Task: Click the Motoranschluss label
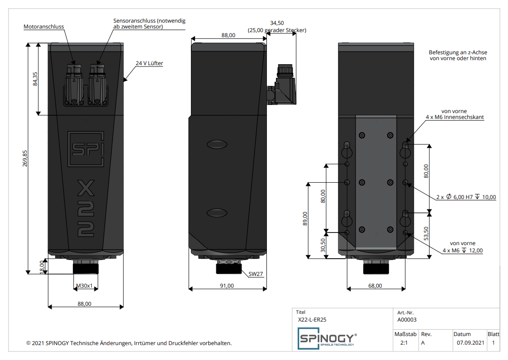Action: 44,27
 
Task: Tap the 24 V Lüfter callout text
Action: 149,63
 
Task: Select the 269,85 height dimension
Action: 25,158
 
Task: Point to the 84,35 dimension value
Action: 35,79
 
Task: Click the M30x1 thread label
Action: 84,286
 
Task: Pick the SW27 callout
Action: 256,274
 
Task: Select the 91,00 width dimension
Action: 227,286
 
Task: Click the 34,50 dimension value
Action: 277,23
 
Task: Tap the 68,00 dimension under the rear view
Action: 375,286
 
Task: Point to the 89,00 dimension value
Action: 305,219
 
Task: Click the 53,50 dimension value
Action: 426,234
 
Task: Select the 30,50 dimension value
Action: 323,245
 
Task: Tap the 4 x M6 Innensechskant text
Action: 455,117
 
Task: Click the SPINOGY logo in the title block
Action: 327,338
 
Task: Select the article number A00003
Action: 407,320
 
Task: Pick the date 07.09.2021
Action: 470,343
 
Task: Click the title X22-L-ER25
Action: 312,320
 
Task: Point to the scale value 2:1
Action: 404,343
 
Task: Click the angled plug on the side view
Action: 282,85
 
